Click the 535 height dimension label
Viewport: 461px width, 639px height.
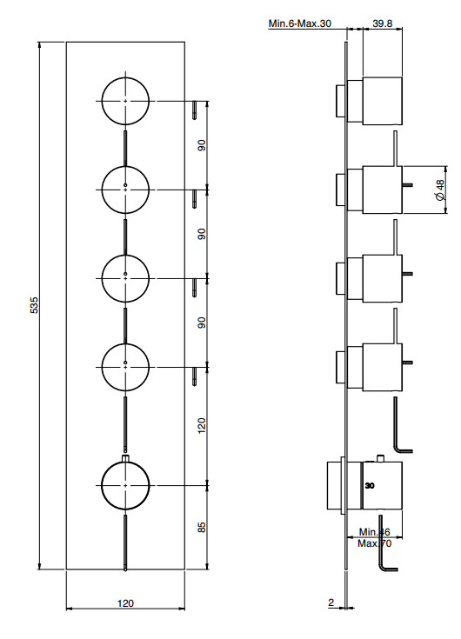pos(34,305)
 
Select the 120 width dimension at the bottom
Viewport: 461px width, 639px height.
pos(125,603)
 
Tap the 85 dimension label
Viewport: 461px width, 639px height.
pos(201,528)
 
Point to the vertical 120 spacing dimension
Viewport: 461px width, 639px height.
pos(201,426)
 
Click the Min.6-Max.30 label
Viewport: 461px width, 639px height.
pos(299,23)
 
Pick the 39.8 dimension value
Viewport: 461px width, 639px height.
pos(383,23)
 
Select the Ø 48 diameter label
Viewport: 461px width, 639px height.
pos(439,190)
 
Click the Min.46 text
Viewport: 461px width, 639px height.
pos(374,532)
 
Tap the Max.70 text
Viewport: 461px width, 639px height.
pos(374,543)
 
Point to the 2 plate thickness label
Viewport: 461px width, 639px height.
pos(331,602)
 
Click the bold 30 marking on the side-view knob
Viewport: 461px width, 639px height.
pos(370,486)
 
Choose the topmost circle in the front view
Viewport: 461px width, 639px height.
pos(125,101)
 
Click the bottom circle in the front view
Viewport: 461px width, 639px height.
pos(125,486)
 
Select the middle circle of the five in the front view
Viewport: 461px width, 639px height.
pos(125,279)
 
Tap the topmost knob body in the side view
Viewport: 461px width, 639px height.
pos(382,101)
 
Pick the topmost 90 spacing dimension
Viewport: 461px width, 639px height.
pos(201,145)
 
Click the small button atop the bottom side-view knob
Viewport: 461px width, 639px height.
pos(381,458)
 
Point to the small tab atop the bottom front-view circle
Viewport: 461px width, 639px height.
pos(125,458)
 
